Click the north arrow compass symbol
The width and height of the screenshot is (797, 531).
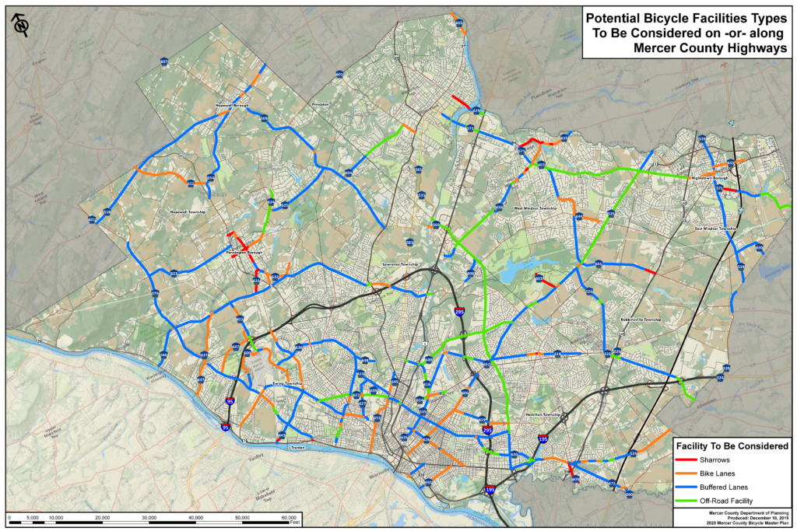click(21, 25)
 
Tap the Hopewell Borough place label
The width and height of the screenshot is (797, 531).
click(231, 106)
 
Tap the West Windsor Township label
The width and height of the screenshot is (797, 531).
click(535, 208)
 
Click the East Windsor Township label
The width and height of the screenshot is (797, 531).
click(716, 229)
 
